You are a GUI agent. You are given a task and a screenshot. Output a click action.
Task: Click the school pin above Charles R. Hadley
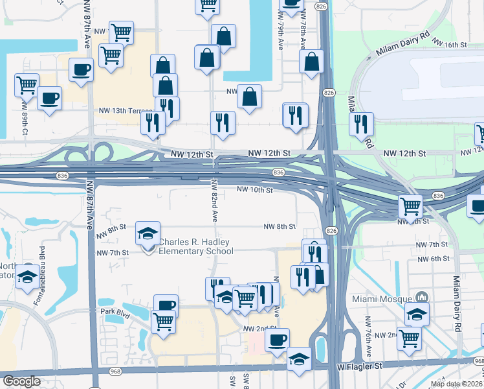tap(148, 233)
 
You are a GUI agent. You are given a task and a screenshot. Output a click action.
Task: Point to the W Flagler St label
tap(360, 367)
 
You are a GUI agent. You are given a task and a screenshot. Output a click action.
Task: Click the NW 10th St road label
tap(254, 190)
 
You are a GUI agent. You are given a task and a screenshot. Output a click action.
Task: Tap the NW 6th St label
tap(433, 259)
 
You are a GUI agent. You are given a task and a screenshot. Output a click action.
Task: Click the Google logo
tap(21, 381)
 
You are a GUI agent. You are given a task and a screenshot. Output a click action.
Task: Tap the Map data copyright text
tap(457, 384)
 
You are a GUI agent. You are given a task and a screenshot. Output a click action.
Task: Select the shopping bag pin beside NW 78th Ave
tap(311, 62)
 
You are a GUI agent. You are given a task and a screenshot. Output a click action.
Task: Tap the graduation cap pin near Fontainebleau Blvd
tap(27, 276)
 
